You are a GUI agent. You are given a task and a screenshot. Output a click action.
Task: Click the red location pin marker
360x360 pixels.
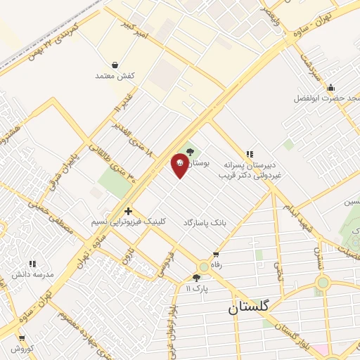180,165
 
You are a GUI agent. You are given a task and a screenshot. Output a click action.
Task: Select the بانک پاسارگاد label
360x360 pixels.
205,222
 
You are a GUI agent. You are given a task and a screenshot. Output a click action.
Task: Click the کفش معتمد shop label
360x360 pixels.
115,75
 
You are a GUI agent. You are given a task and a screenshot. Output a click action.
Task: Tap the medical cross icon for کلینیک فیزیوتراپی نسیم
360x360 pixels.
128,210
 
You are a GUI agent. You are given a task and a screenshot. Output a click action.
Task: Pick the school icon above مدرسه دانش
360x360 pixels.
32,264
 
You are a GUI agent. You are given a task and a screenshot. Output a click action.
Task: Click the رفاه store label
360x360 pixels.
215,265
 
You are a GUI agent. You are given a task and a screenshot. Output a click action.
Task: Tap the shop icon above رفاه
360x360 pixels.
215,255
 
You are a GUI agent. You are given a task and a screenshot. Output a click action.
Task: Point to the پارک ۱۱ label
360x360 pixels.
198,288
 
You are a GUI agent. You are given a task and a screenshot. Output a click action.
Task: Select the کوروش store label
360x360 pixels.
22,348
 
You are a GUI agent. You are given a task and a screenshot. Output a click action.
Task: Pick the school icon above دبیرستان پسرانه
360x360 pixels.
248,153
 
